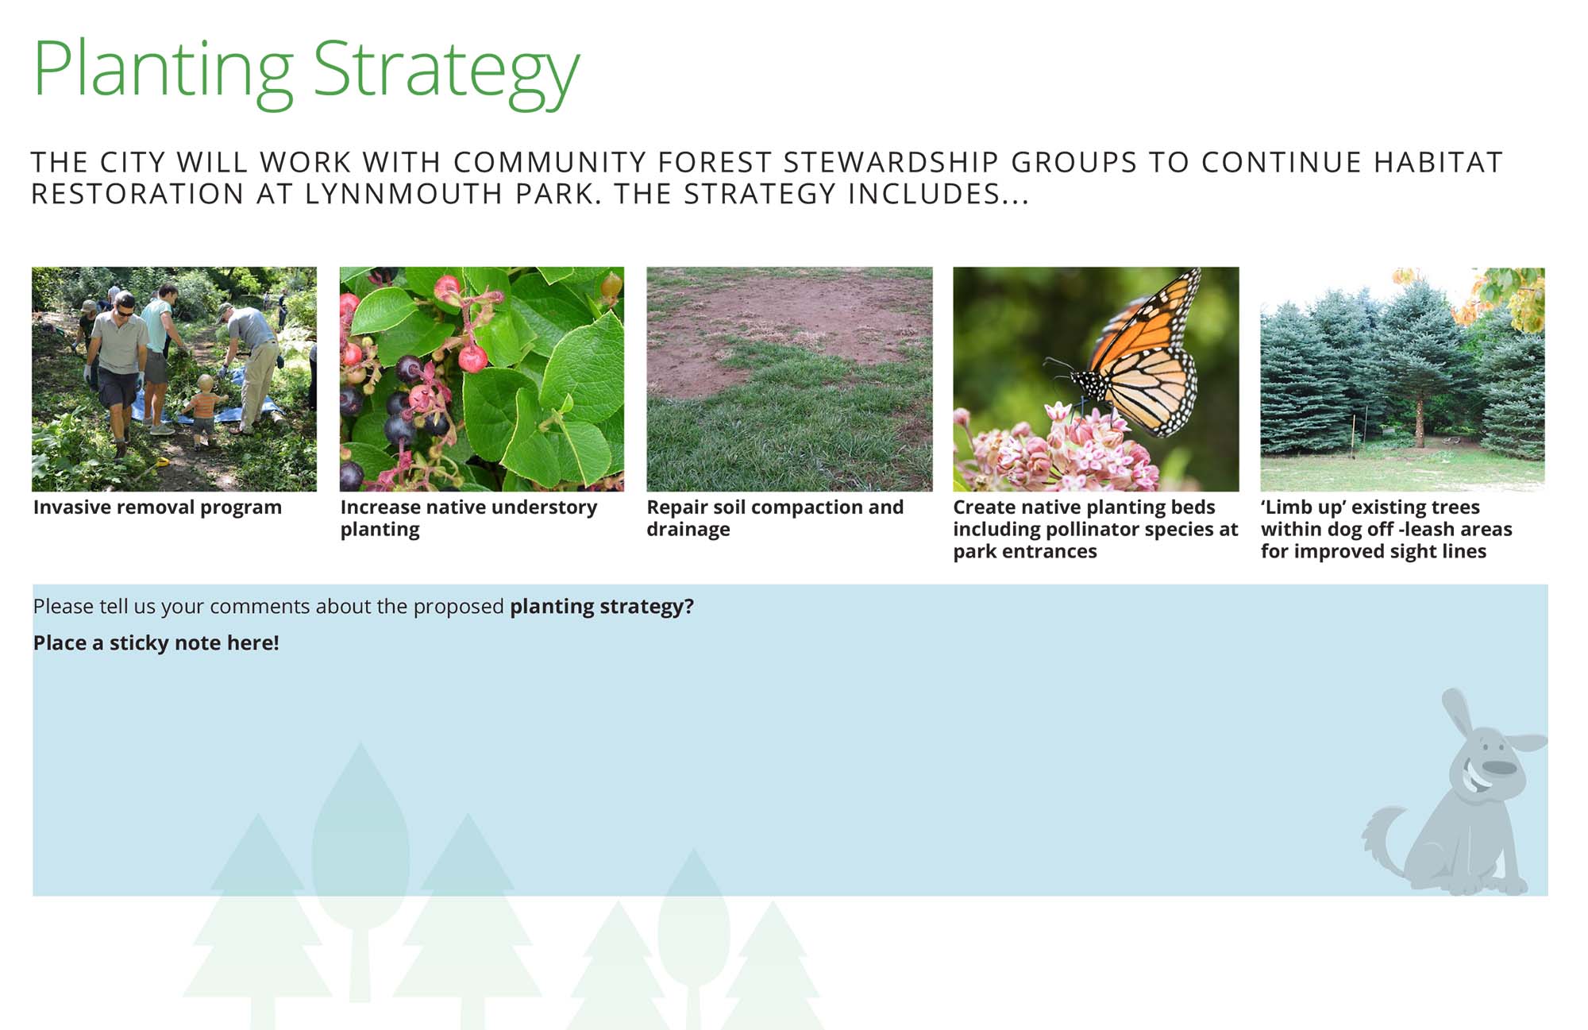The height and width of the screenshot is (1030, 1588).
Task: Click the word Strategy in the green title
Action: [446, 73]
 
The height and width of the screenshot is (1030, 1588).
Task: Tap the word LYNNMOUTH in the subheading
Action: [404, 194]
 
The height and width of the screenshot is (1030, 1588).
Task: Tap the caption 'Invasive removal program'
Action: [157, 507]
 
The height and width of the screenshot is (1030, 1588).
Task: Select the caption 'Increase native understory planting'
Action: [468, 519]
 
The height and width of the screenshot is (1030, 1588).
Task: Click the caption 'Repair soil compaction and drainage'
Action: [775, 519]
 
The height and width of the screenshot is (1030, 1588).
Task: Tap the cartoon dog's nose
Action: [1499, 767]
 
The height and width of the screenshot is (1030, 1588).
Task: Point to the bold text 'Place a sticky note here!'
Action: [156, 643]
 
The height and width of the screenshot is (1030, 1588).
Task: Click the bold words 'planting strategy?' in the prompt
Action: [602, 607]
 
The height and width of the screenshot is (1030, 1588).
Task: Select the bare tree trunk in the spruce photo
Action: [1420, 421]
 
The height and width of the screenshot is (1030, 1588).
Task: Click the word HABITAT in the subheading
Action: [1438, 162]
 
